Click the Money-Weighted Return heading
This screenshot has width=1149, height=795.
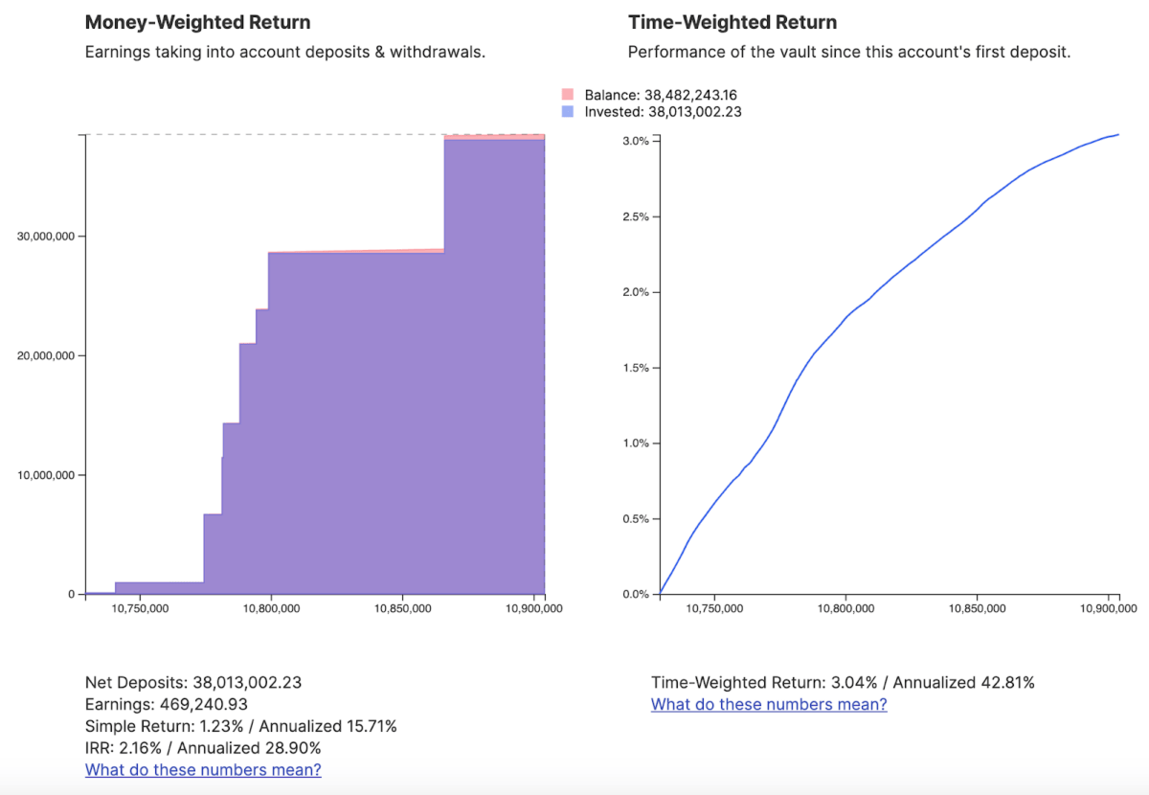click(197, 22)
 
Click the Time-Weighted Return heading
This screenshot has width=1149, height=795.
click(732, 22)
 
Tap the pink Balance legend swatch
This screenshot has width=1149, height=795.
click(568, 95)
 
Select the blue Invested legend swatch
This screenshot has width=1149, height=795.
click(568, 112)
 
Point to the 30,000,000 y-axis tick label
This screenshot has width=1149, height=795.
click(47, 237)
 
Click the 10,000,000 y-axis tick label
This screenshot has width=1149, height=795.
click(47, 475)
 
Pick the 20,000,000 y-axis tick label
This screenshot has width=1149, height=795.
click(47, 356)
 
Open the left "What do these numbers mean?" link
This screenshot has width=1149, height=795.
click(203, 770)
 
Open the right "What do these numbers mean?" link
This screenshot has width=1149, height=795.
click(769, 705)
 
